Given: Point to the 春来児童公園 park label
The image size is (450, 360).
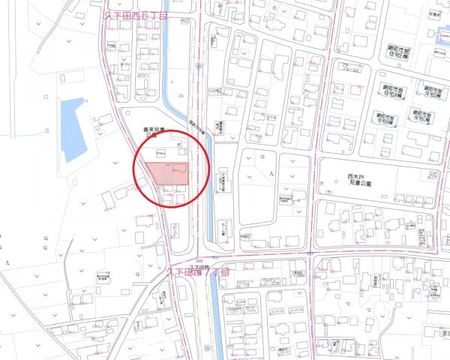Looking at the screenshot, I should tap(154, 133).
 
